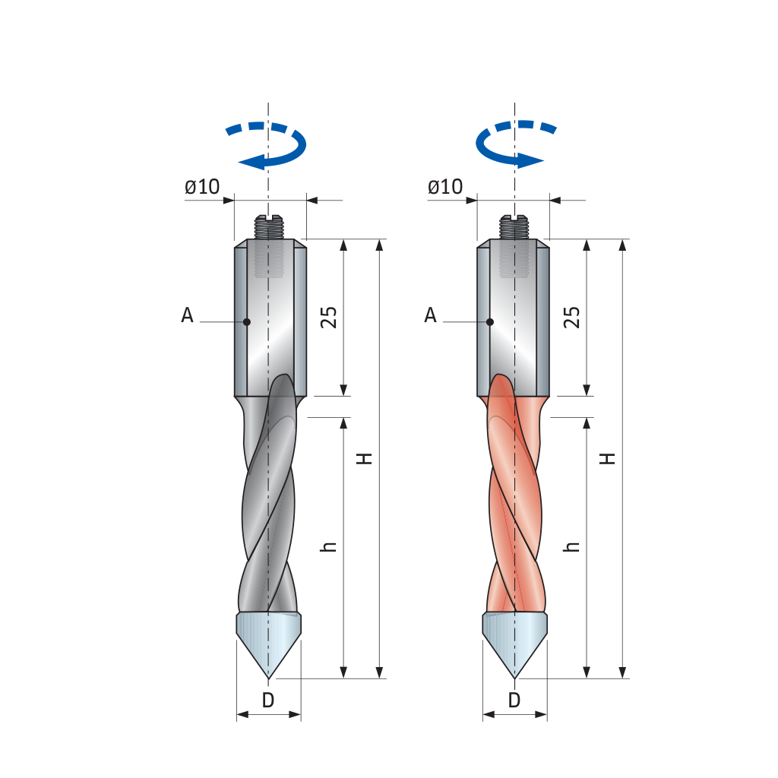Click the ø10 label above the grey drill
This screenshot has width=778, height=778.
[x=202, y=187]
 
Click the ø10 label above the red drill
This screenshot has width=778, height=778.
[x=445, y=187]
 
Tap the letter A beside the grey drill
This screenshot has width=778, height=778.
[x=187, y=315]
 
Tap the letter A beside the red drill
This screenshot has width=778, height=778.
[x=430, y=315]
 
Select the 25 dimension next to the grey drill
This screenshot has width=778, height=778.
[x=329, y=317]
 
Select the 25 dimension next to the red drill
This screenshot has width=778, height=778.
[x=572, y=317]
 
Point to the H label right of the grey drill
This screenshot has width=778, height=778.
[x=365, y=458]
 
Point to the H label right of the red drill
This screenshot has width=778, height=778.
[x=609, y=458]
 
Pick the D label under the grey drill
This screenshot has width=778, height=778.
[x=268, y=700]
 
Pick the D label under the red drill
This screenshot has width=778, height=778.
[x=514, y=700]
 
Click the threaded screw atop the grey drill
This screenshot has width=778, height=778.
[x=268, y=226]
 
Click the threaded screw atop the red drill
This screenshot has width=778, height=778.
[x=514, y=226]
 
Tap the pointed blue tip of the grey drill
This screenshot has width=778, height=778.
[x=268, y=678]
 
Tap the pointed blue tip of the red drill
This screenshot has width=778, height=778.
[x=514, y=678]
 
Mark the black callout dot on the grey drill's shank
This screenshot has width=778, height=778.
[x=247, y=322]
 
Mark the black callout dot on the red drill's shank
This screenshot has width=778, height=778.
[x=490, y=322]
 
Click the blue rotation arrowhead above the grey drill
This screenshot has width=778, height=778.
[x=251, y=162]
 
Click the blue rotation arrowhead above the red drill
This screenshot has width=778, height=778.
[x=531, y=161]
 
